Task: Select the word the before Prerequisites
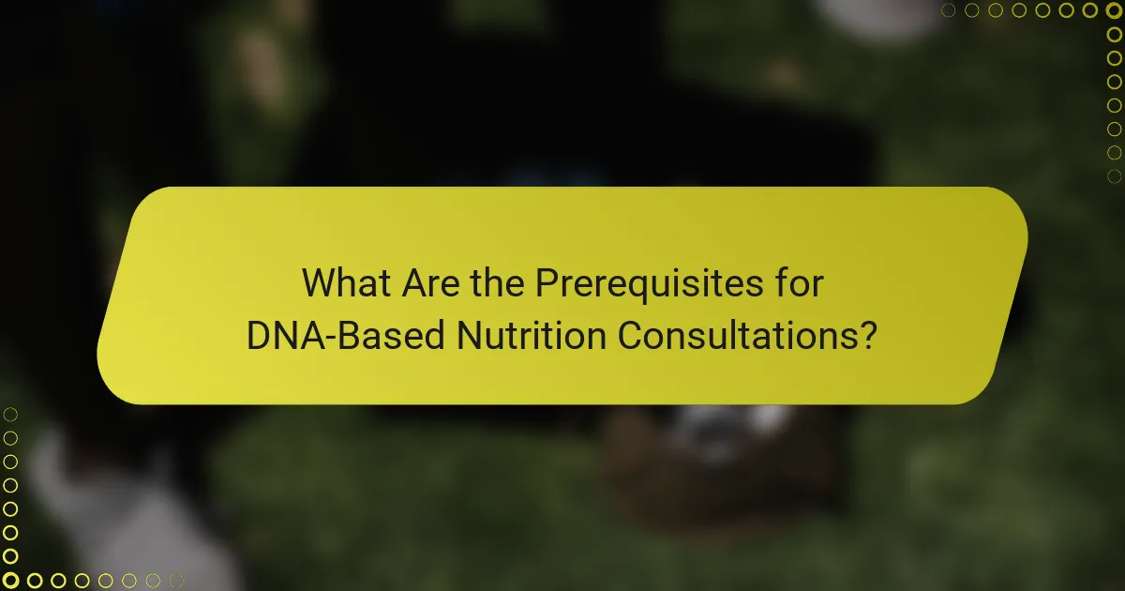tap(499, 282)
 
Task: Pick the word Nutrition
tap(530, 335)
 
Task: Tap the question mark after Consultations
tap(869, 335)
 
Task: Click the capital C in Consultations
tap(629, 335)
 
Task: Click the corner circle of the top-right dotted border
tap(1114, 10)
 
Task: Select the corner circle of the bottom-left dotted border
tap(11, 580)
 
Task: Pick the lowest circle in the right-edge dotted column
tap(1114, 175)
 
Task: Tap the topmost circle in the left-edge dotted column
tap(11, 415)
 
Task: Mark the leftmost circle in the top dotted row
tap(949, 10)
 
